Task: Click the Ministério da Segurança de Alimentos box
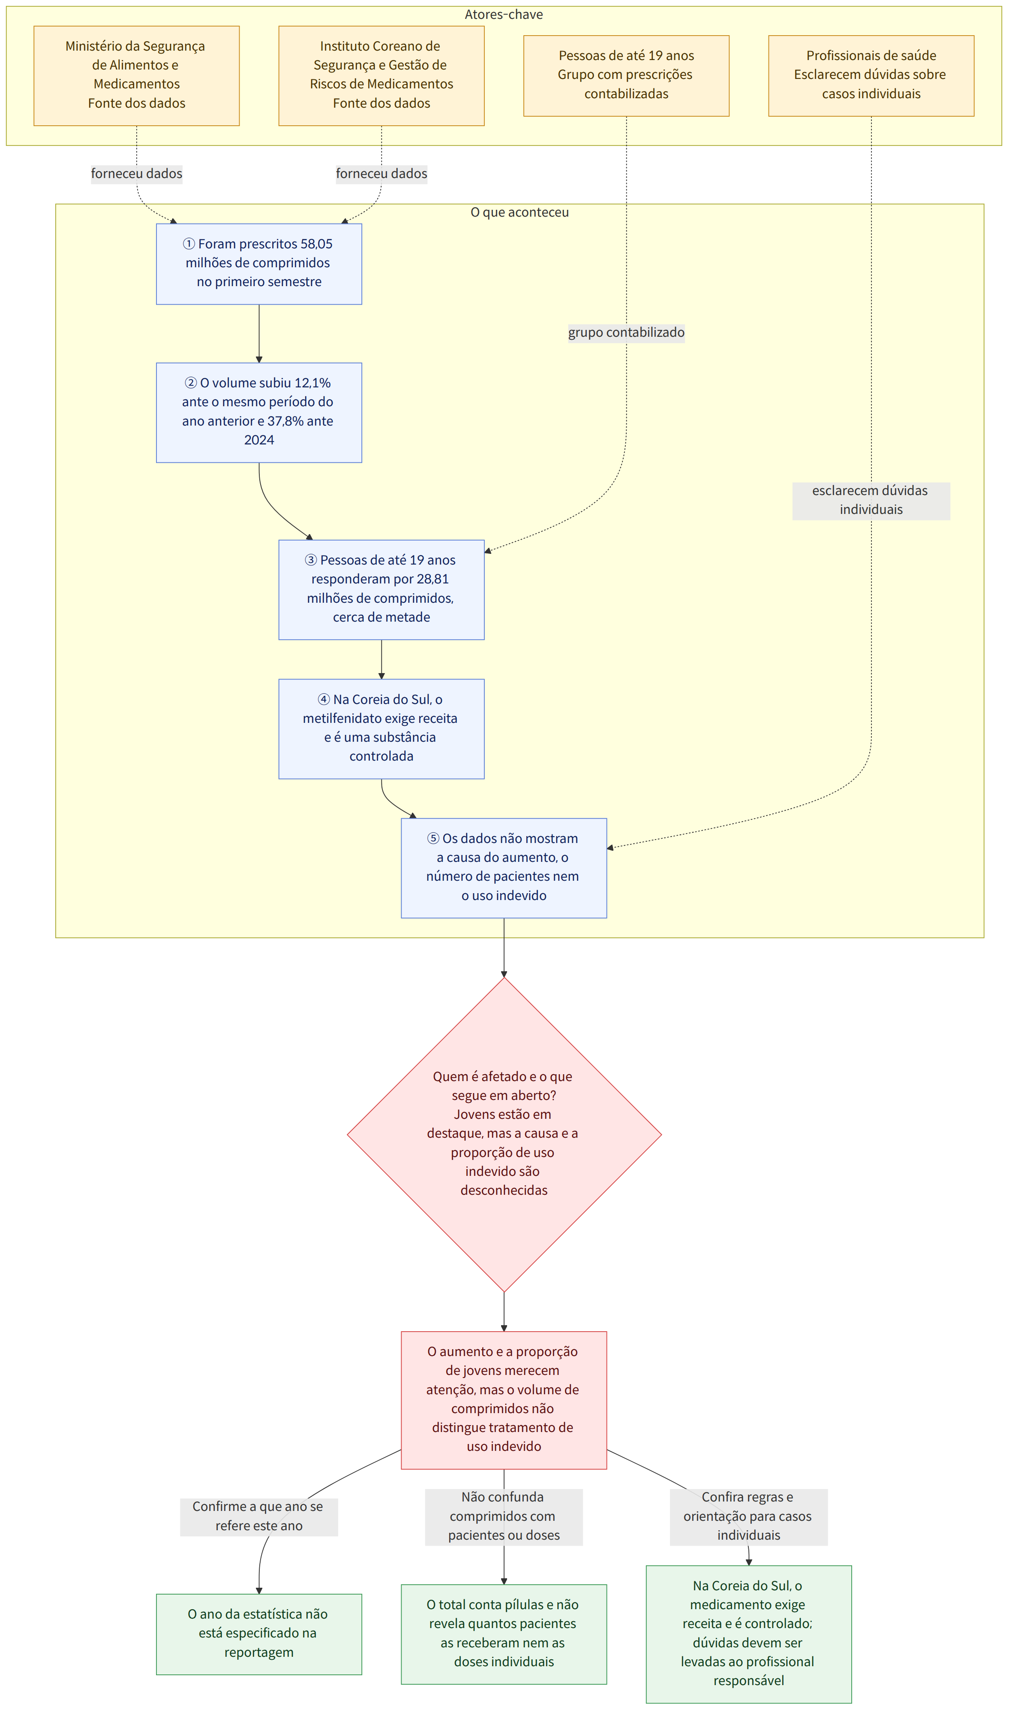tap(137, 76)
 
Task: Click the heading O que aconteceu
tap(520, 213)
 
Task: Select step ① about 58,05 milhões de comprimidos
tap(259, 264)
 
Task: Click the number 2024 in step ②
tap(259, 441)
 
